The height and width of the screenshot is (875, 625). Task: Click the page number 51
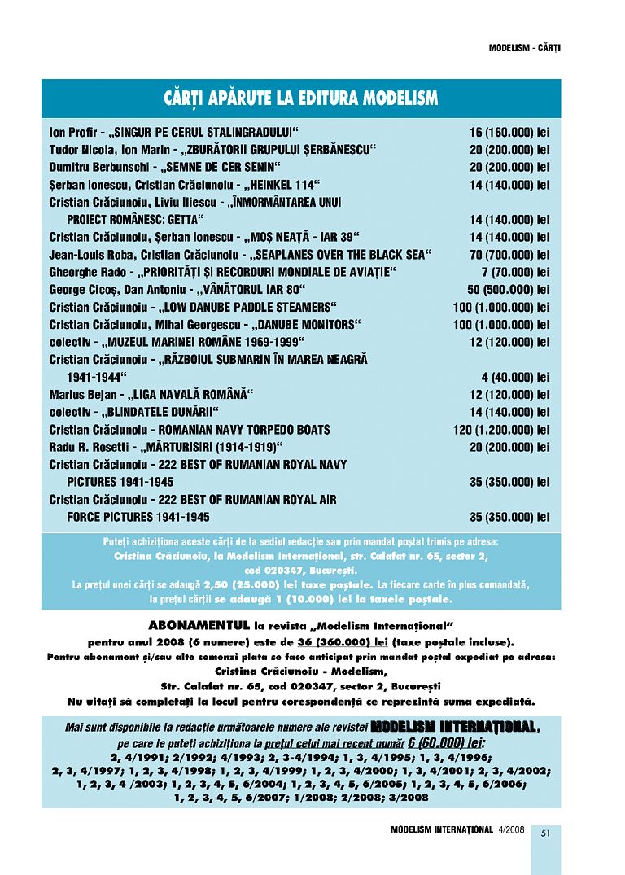[546, 832]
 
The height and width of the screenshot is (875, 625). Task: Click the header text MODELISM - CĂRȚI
[525, 48]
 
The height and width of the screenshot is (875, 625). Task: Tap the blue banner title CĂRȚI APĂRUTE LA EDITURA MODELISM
[300, 99]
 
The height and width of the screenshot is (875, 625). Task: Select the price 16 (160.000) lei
[509, 132]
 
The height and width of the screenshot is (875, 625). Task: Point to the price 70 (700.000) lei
[509, 255]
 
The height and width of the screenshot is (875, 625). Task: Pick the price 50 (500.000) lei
[509, 290]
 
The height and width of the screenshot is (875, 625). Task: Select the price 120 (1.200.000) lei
[501, 430]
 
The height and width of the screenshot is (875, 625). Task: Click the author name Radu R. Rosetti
[85, 448]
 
